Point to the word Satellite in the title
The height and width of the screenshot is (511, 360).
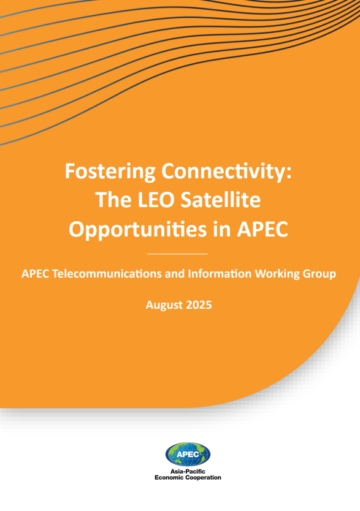coord(221,200)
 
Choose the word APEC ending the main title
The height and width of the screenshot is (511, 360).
coord(262,229)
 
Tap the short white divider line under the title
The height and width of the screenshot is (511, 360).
coord(177,254)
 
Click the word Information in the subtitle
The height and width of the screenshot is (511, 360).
coord(220,273)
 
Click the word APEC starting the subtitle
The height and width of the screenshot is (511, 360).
coord(35,274)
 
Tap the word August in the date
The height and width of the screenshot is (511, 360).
coord(164,305)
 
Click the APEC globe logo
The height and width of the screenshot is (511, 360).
coord(188,454)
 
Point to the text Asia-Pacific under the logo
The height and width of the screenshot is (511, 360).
coord(188,472)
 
